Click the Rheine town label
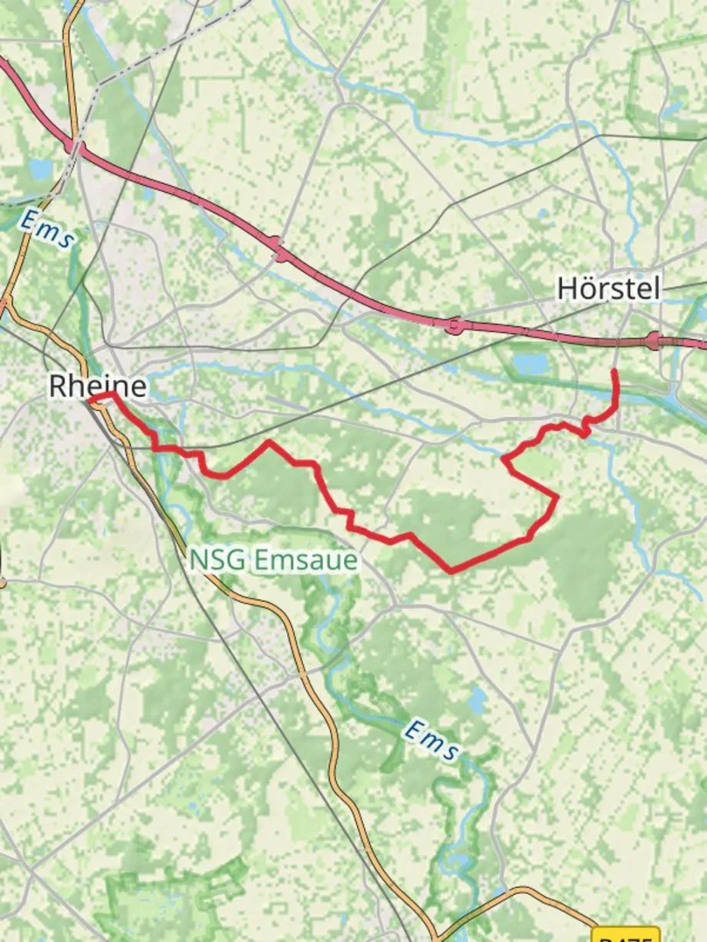(x=98, y=386)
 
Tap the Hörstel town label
(x=608, y=289)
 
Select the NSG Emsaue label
(x=273, y=560)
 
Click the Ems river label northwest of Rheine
(x=49, y=230)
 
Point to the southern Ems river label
(x=430, y=741)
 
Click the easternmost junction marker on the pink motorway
(x=655, y=341)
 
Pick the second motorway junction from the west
(x=454, y=325)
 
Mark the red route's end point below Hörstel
(x=614, y=372)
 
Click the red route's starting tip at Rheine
(x=90, y=399)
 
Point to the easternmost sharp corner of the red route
(x=557, y=497)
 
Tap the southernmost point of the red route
(x=451, y=572)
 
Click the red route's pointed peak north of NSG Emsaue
(x=269, y=441)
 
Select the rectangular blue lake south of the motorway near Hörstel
(x=531, y=363)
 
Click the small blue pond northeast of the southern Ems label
(x=477, y=699)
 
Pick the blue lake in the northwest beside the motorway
(x=40, y=169)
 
